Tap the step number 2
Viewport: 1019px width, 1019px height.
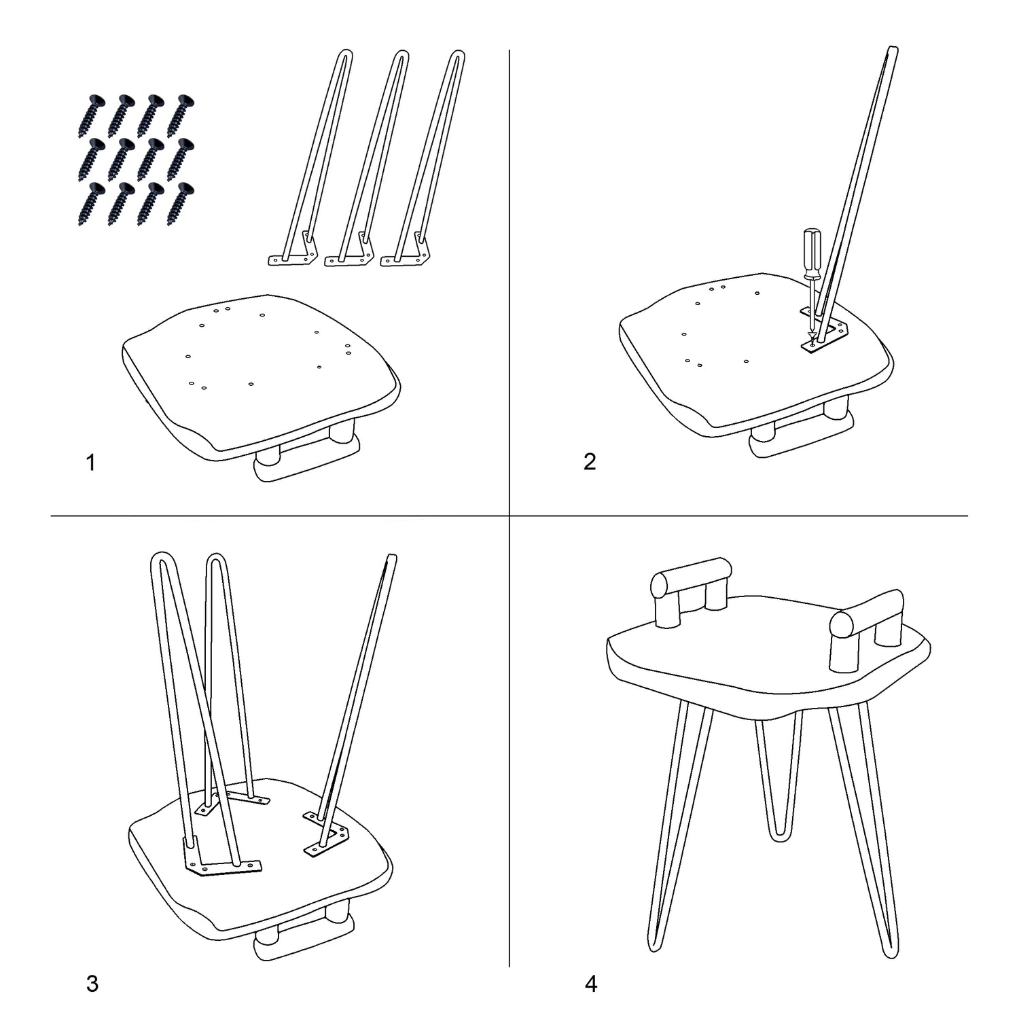[590, 461]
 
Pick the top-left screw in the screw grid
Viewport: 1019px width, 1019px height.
[92, 115]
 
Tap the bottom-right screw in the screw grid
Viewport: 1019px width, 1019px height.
[180, 203]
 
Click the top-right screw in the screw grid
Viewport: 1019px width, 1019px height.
[180, 115]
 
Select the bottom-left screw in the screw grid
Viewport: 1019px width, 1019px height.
[92, 203]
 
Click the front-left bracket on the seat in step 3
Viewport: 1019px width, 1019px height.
[221, 859]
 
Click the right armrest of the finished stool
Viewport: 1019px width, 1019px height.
[867, 628]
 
